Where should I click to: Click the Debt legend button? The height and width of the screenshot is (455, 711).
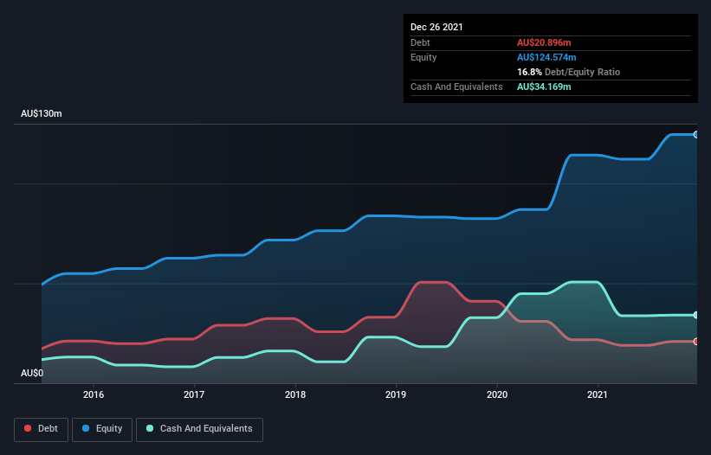[41, 429]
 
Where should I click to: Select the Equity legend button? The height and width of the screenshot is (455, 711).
[103, 429]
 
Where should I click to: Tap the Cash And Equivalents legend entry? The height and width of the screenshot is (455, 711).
[199, 429]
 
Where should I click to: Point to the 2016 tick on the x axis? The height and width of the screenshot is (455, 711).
[94, 394]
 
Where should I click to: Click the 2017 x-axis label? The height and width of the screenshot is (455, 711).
[194, 394]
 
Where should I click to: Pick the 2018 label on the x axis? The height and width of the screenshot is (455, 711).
[295, 394]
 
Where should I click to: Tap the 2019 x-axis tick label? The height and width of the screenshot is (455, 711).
[396, 394]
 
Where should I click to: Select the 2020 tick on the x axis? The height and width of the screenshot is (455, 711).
[497, 394]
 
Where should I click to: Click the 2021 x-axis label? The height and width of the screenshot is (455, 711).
[598, 394]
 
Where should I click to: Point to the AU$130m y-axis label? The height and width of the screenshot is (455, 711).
[42, 114]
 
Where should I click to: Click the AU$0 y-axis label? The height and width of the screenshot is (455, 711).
[32, 374]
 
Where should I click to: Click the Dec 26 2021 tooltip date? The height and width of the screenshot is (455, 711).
[436, 27]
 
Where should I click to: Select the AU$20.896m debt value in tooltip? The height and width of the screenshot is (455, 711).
[544, 42]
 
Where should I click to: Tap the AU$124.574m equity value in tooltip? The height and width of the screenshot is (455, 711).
[546, 57]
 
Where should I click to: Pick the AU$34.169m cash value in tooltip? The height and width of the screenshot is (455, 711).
[544, 87]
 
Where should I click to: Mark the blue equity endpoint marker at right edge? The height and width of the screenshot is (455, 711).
[696, 135]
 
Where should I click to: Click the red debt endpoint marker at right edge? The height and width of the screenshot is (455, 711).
[696, 342]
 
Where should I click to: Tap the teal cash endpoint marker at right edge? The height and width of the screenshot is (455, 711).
[696, 315]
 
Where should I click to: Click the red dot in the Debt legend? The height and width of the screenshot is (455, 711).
[29, 429]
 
